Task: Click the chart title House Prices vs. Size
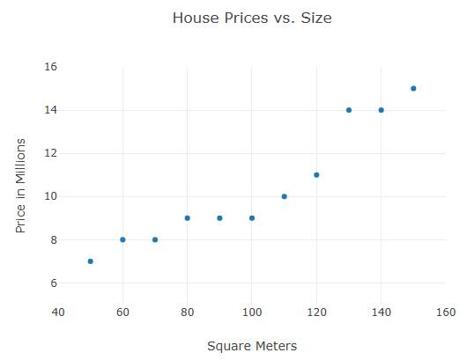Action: [x=252, y=18]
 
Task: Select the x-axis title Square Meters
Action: [x=252, y=346]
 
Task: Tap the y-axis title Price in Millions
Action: [x=21, y=186]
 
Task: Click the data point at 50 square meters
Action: [x=91, y=261]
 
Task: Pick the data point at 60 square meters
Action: [x=122, y=239]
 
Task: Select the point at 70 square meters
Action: [x=155, y=239]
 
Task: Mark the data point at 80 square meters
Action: [x=188, y=218]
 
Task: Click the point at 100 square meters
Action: [x=252, y=218]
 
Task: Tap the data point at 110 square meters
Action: [x=285, y=196]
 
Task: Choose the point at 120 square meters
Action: [x=316, y=175]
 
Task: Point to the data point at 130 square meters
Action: [x=349, y=110]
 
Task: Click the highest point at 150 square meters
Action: [x=413, y=89]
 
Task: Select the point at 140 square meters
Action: [x=382, y=110]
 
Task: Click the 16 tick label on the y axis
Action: [x=50, y=67]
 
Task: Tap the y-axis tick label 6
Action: [x=53, y=283]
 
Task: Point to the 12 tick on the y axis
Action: [x=50, y=153]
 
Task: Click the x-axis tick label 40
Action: [x=58, y=312]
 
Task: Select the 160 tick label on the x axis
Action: [x=446, y=312]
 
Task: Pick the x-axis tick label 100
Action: [x=252, y=312]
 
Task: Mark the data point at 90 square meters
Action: [x=219, y=218]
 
